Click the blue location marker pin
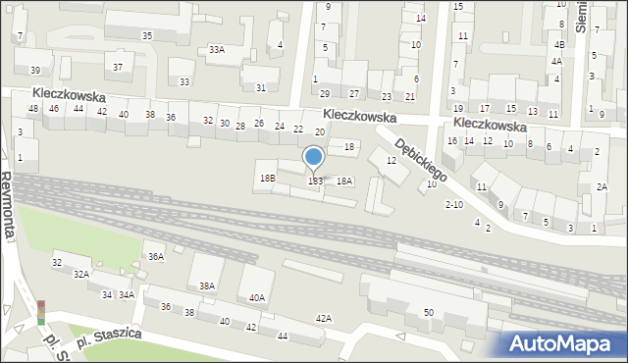coord(314,157)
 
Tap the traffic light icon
coord(41,312)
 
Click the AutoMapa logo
coord(564,343)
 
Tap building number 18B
coord(267,179)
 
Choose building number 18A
coord(343,181)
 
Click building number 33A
coord(217,49)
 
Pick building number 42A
coord(323,318)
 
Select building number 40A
coord(257,297)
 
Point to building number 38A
coord(207,285)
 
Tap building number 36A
coord(155,256)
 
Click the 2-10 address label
coord(453,204)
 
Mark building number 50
coord(429,312)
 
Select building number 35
coord(147,35)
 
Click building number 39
coord(35,70)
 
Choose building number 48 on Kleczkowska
coord(33,108)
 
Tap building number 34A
coord(126,294)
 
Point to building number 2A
coord(602,186)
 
